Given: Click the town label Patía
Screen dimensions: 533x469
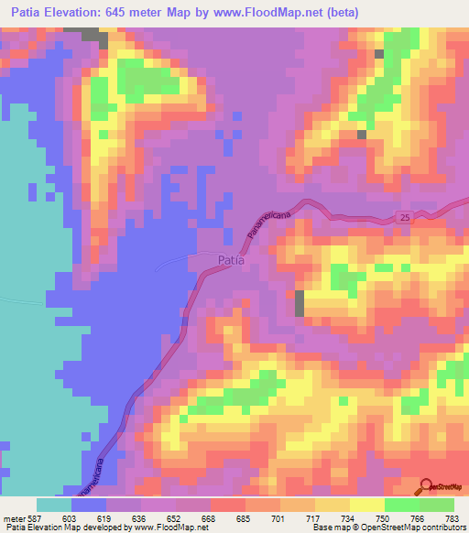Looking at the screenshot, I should (x=231, y=261).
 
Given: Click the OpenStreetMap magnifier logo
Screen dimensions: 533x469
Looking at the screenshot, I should (x=426, y=485).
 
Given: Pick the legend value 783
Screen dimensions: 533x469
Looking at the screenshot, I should (x=453, y=517).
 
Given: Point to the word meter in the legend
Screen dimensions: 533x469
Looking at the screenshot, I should (x=13, y=517).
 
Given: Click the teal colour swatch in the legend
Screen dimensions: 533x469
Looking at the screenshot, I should (x=54, y=505).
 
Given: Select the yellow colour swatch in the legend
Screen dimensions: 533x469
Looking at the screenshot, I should (x=367, y=505).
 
